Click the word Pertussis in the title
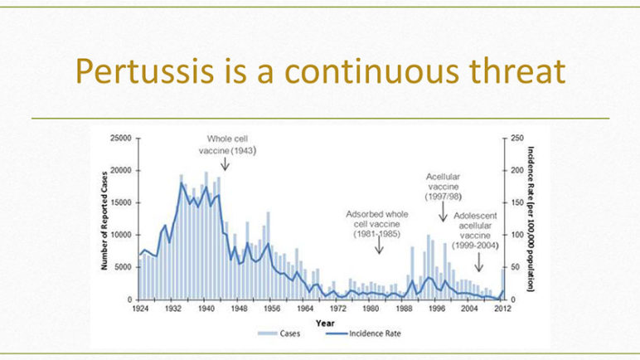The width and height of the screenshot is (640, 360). pos(144,71)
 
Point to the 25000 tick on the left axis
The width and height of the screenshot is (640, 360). pos(121,139)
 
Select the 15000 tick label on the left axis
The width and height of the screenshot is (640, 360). pos(121,202)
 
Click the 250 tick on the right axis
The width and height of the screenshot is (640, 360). pos(516,139)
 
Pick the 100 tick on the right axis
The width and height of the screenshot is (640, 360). pos(516,235)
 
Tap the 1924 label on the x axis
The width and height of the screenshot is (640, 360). pos(140,309)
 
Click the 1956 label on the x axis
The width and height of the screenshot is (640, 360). pos(272,309)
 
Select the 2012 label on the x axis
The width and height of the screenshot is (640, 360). pos(502,309)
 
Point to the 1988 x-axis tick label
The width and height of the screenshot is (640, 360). pos(404,309)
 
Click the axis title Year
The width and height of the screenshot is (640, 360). pos(325,324)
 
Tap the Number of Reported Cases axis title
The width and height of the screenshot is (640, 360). pos(104,221)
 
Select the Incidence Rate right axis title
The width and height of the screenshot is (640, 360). pos(531,219)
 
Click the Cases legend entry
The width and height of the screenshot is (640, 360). pos(279,333)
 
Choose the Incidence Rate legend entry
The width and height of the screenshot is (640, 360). pos(363,333)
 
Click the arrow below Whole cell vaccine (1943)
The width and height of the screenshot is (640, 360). pos(225,164)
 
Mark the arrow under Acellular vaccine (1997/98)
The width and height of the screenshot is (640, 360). pos(444,212)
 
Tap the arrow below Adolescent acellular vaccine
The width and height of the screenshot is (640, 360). pos(479,262)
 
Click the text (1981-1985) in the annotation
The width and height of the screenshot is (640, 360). pos(376,234)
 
